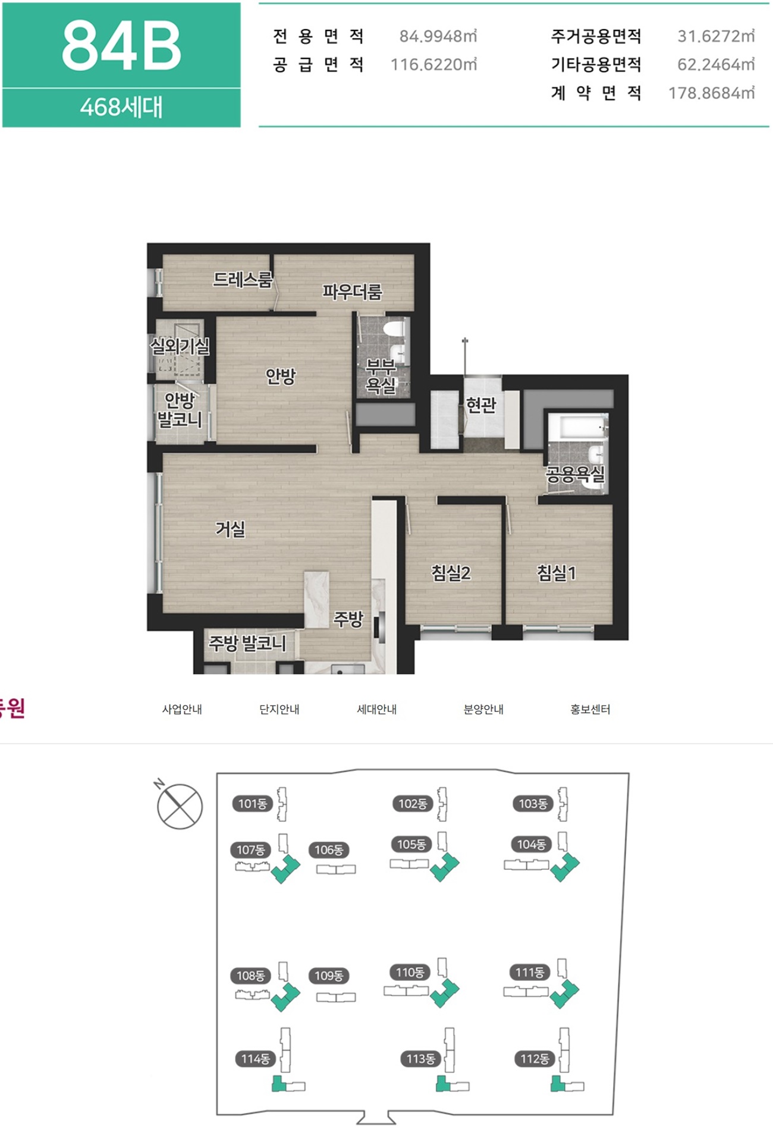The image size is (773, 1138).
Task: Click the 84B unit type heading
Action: click(121, 46)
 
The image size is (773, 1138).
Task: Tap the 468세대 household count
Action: click(121, 107)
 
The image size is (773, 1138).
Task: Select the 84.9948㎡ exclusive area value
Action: click(438, 36)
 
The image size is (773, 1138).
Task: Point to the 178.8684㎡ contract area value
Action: click(711, 93)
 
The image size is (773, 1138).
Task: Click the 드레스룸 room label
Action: click(243, 279)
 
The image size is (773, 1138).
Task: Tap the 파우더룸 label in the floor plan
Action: click(352, 291)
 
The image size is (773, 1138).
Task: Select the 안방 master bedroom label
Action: click(280, 376)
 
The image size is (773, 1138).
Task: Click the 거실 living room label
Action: click(230, 528)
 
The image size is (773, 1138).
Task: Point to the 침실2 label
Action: click(451, 573)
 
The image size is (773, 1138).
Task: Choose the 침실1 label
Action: click(557, 573)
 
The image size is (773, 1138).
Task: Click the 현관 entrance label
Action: click(480, 405)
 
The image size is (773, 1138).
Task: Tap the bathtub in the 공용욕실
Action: click(577, 427)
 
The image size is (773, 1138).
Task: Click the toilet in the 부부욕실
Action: click(394, 328)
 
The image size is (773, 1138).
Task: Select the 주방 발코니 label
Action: click(247, 643)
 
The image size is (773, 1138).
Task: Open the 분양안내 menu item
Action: click(483, 709)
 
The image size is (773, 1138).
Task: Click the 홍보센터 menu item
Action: click(590, 709)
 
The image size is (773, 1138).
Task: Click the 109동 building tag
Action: click(329, 976)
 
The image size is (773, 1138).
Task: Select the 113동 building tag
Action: click(420, 1058)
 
